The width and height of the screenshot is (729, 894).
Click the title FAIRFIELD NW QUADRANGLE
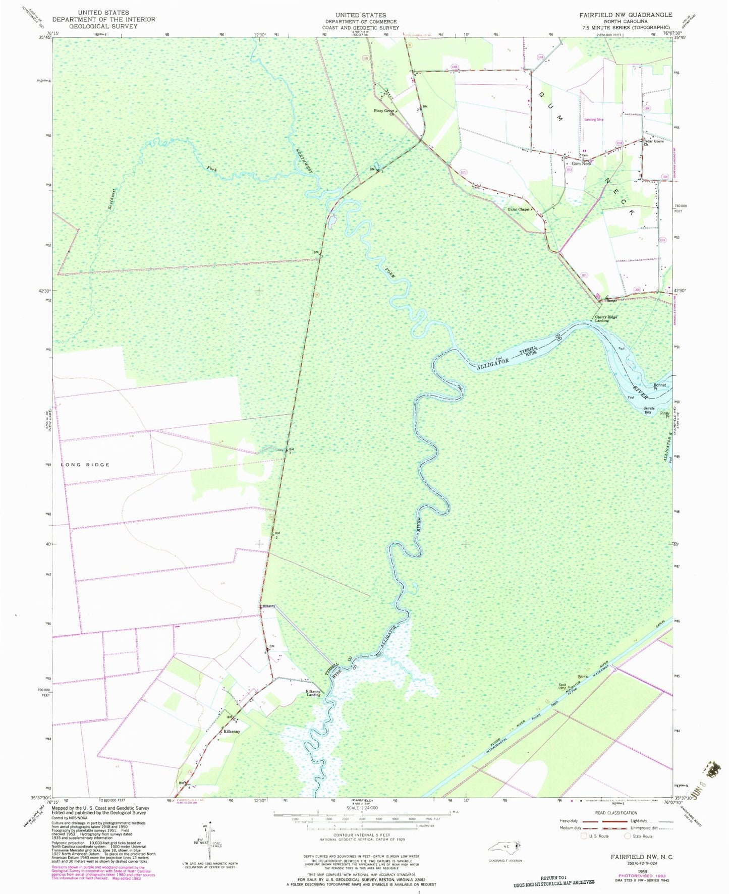pyautogui.click(x=626, y=15)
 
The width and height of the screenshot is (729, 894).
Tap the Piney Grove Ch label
pyautogui.click(x=386, y=112)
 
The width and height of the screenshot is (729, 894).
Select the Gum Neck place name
pyautogui.click(x=581, y=163)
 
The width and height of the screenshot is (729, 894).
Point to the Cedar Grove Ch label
pyautogui.click(x=653, y=143)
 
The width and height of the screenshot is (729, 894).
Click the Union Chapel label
pyautogui.click(x=518, y=209)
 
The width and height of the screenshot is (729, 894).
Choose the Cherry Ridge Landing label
pyautogui.click(x=605, y=319)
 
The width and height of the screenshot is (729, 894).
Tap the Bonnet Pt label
pyautogui.click(x=660, y=386)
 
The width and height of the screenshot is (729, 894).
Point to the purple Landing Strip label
pyautogui.click(x=594, y=120)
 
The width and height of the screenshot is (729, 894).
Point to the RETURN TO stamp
pyautogui.click(x=554, y=878)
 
